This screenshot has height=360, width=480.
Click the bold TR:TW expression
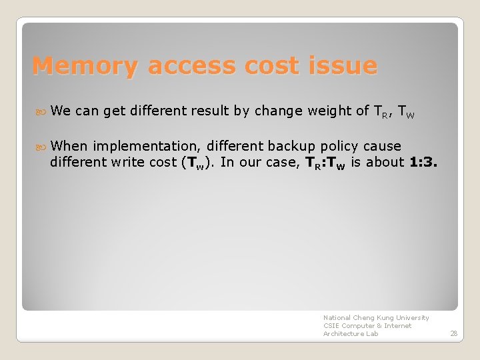(321, 163)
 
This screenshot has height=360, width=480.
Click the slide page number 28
(453, 333)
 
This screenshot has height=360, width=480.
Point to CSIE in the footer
(331, 326)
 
